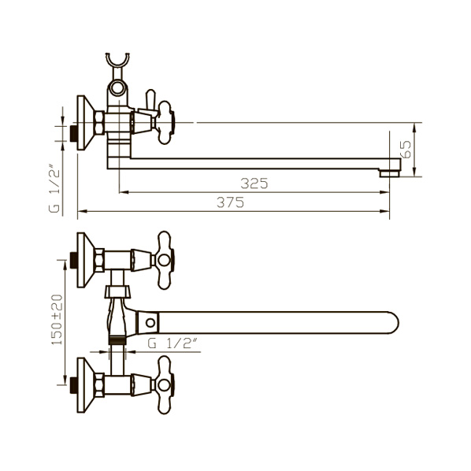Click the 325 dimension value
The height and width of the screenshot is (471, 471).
coord(254,184)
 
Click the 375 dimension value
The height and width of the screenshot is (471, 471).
coord(231,202)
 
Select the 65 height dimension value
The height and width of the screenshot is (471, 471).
coord(406,150)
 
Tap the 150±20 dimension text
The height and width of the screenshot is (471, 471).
coord(57,320)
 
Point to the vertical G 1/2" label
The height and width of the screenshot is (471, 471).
coord(55,188)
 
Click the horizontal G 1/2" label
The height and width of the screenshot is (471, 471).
coord(173,343)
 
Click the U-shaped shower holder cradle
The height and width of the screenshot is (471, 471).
coord(118,60)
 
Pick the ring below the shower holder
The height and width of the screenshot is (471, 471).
coord(117,88)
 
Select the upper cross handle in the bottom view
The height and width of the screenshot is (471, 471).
coord(165,260)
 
